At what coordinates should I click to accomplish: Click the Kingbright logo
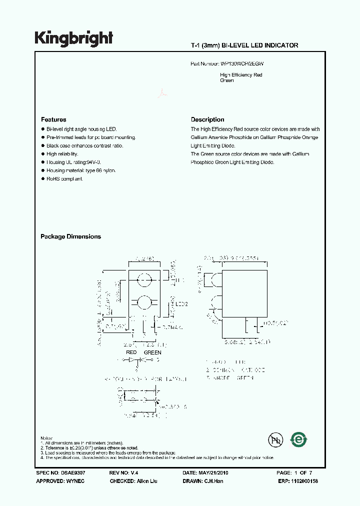pos(73,38)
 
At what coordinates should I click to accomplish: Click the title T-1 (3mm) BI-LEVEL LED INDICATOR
pos(244,45)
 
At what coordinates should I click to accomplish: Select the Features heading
pos(53,119)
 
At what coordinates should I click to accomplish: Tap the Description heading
pos(207,119)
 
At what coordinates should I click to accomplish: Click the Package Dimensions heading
pos(70,236)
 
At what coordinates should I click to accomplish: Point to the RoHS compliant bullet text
pos(65,179)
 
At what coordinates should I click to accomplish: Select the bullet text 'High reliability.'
pos(62,154)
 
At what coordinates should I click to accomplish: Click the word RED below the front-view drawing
pos(131,352)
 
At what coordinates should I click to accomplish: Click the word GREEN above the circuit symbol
pos(152,352)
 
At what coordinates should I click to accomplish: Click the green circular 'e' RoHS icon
pos(299,439)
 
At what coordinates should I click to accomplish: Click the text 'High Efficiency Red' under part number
pos(241,75)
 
